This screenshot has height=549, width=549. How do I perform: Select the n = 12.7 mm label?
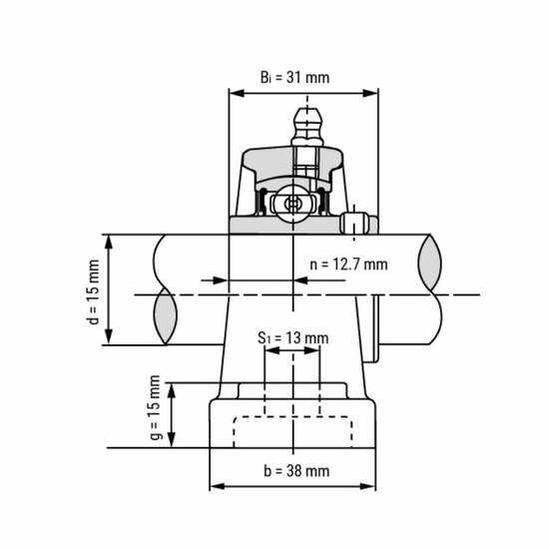pos(348,266)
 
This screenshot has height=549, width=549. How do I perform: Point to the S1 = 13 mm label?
pos(292,337)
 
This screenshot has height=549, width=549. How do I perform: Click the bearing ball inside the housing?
pos(292,203)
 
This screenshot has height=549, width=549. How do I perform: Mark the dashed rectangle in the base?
pos(293,429)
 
